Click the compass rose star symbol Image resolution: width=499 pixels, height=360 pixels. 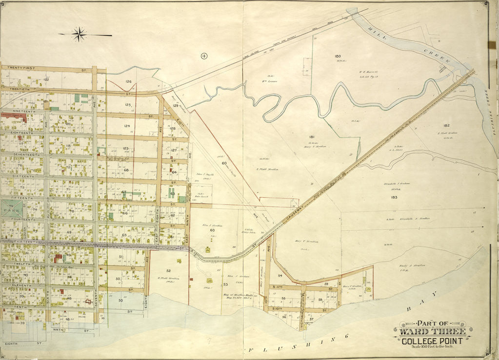pos(79,34)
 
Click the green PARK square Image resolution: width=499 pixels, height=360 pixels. pos(10,208)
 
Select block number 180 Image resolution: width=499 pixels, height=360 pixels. pos(338,56)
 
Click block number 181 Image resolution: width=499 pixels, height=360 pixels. pos(311,137)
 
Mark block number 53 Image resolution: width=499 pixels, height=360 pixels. pos(225,284)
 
